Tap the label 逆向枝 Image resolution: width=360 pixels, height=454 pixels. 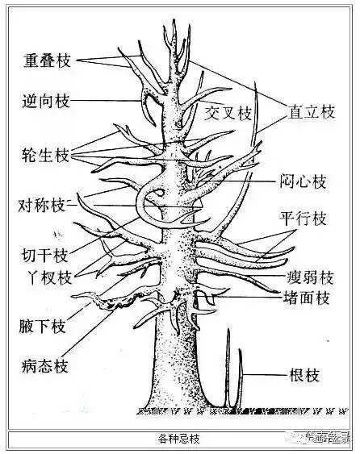click(x=46, y=101)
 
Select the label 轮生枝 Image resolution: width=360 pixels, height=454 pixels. click(x=46, y=153)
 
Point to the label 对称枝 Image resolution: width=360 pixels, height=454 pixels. click(x=42, y=205)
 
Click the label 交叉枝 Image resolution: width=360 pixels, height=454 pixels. click(x=229, y=110)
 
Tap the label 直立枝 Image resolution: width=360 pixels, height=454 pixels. click(x=311, y=112)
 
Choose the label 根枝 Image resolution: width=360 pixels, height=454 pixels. click(x=304, y=375)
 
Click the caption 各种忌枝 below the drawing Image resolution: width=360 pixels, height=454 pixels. click(x=178, y=439)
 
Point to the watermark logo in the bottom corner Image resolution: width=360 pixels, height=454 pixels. click(x=322, y=439)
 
